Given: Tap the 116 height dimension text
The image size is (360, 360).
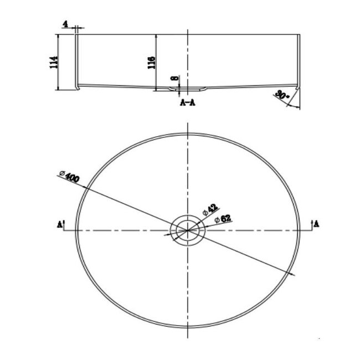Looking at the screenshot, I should coord(151,60).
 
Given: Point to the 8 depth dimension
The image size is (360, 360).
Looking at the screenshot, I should coord(174,79).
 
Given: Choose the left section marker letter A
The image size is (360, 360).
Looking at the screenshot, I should coord(59,224).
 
